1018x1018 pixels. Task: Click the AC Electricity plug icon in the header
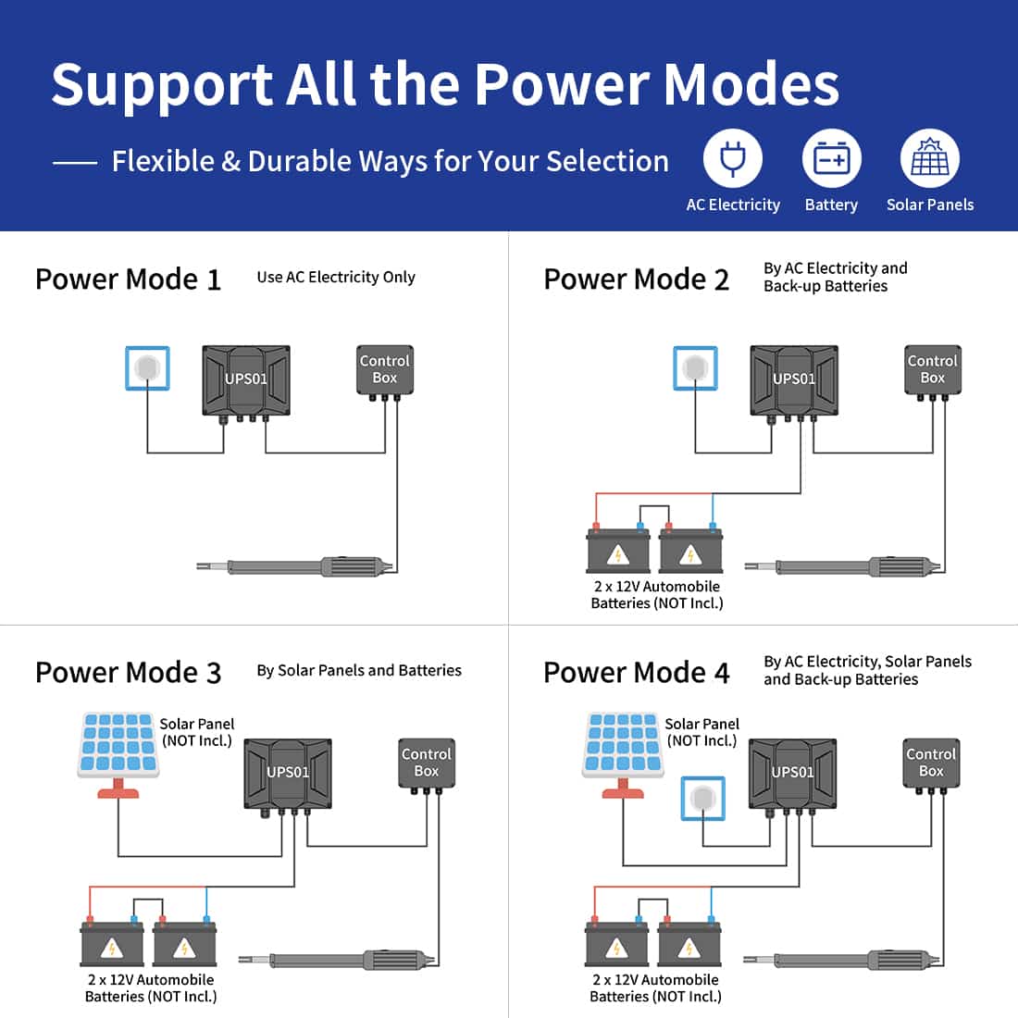coord(733,159)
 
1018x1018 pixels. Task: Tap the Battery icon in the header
coord(831,159)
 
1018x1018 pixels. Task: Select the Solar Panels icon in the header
coord(929,159)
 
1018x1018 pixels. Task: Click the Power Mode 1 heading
coord(128,279)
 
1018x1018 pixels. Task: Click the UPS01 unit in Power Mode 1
coord(246,380)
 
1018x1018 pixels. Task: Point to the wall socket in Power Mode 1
coord(147,367)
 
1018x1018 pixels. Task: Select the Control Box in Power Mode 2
coord(932,370)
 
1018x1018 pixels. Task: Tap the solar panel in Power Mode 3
coord(118,745)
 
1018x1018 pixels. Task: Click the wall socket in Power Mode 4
coord(702,799)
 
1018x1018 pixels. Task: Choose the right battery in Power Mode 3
coord(184,945)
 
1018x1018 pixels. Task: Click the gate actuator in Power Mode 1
coord(296,566)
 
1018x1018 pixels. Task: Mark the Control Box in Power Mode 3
coord(427,763)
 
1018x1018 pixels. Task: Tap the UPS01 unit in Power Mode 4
coord(793,774)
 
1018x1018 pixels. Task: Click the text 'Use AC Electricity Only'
coord(336,278)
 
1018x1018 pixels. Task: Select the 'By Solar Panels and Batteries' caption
coord(359,671)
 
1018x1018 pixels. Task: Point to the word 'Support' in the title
coord(161,85)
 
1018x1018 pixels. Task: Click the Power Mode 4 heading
coord(637,673)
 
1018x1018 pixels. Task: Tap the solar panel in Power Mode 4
coord(623,745)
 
